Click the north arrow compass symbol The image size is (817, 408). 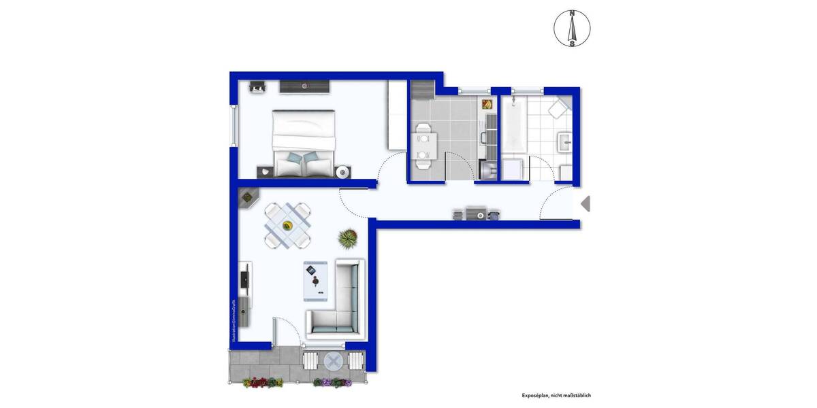pyautogui.click(x=572, y=29)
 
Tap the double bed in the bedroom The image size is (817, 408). pyautogui.click(x=304, y=143)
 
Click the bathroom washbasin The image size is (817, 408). pyautogui.click(x=565, y=141)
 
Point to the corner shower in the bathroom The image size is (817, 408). pyautogui.click(x=560, y=108)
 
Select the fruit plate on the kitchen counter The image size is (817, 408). pyautogui.click(x=487, y=104)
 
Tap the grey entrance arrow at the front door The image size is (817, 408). pyautogui.click(x=585, y=203)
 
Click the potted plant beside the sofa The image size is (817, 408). pyautogui.click(x=347, y=238)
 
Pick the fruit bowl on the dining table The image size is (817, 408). pyautogui.click(x=287, y=226)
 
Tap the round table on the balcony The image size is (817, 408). pyautogui.click(x=334, y=361)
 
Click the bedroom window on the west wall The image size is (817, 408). pyautogui.click(x=235, y=125)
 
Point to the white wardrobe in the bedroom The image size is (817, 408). pyautogui.click(x=396, y=115)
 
